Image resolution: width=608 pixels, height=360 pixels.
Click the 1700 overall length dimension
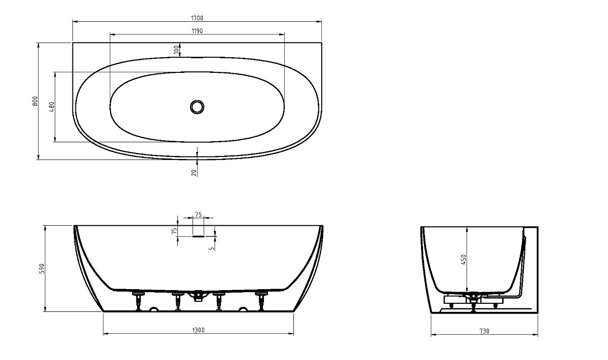[x=197, y=18]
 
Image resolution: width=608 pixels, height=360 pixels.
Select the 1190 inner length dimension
[x=197, y=31]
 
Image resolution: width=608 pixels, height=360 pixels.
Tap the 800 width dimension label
[x=35, y=101]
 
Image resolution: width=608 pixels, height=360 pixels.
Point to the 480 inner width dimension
[x=52, y=107]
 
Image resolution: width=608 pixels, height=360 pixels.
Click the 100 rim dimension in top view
[x=176, y=50]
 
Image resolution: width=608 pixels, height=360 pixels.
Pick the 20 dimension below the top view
[x=194, y=173]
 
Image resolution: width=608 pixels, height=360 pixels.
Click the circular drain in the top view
[x=197, y=107]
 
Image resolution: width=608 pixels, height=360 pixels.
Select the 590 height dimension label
[x=42, y=268]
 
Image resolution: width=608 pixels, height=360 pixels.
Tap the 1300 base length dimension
[x=199, y=330]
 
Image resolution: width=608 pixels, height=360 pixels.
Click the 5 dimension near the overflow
[x=212, y=248]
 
